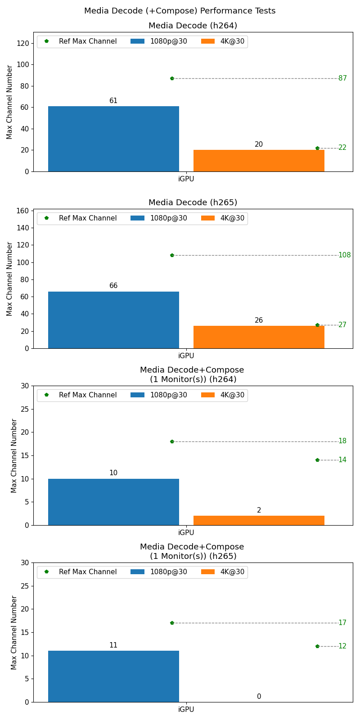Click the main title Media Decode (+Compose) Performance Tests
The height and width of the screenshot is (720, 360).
180,11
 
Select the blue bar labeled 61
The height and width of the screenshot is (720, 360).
113,139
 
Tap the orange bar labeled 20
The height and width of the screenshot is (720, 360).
259,161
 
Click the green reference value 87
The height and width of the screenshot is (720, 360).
342,78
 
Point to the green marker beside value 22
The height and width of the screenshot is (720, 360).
317,148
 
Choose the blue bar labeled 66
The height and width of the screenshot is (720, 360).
113,320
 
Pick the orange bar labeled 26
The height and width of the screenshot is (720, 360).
259,337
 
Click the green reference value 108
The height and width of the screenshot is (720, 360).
344,255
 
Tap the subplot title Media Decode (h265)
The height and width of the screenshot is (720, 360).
193,202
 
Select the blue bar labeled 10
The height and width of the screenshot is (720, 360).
113,502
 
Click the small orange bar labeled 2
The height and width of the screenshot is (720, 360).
259,521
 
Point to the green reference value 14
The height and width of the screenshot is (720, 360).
342,460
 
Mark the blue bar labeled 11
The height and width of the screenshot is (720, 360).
113,676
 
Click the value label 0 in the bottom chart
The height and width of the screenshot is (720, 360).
259,697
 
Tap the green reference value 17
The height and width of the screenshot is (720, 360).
342,623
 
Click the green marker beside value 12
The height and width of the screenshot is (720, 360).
317,646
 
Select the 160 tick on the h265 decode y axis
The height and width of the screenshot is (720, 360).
24,211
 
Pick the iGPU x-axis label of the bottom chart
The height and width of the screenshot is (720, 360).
186,710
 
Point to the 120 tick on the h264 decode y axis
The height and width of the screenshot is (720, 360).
24,43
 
